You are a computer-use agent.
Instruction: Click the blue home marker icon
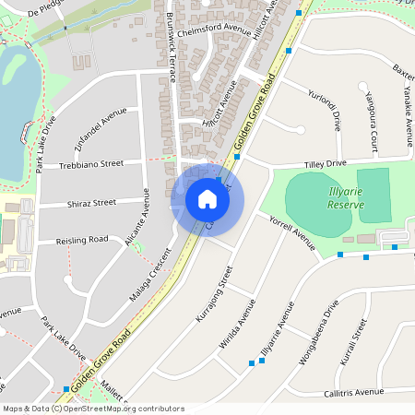[x=207, y=199]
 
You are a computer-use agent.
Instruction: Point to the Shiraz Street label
[x=92, y=202]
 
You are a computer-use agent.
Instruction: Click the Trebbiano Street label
[x=93, y=163]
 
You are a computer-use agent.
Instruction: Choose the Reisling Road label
[x=81, y=239]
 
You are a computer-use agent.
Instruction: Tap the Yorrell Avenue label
[x=292, y=235]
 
